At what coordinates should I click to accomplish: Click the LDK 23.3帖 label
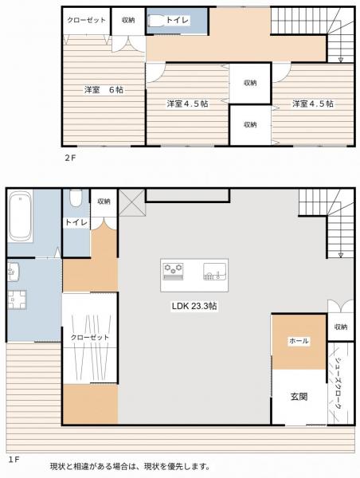click(194, 306)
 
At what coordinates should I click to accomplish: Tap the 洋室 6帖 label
click(104, 90)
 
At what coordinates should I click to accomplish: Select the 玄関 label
click(299, 396)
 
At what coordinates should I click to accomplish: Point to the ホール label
click(299, 341)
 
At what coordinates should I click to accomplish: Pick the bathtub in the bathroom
click(21, 217)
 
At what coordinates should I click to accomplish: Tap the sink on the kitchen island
click(213, 272)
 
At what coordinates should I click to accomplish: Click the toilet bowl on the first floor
click(75, 198)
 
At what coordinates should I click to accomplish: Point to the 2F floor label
click(71, 158)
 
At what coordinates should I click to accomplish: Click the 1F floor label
click(14, 460)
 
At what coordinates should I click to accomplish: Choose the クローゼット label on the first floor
click(89, 338)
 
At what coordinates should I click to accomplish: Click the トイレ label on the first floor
click(76, 222)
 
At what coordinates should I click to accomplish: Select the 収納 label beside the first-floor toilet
click(104, 202)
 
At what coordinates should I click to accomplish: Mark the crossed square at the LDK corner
click(131, 202)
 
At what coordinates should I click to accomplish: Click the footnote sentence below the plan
click(130, 466)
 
